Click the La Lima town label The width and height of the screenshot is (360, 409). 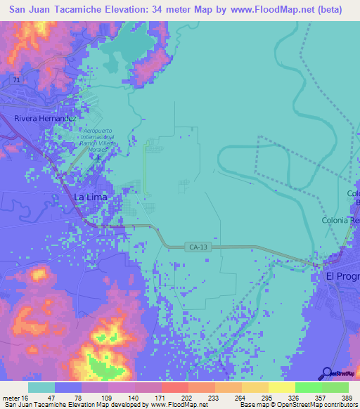pos(89,197)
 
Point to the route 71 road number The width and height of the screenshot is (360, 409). pos(16,81)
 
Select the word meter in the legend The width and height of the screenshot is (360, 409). pos(10,398)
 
